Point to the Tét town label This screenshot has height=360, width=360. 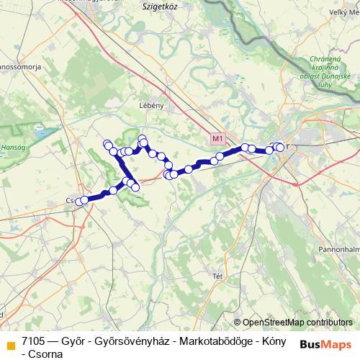[x=215, y=275]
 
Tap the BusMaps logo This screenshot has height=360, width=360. [x=326, y=343]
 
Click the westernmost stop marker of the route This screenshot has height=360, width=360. [x=78, y=202]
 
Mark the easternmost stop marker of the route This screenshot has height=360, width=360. [x=280, y=148]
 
